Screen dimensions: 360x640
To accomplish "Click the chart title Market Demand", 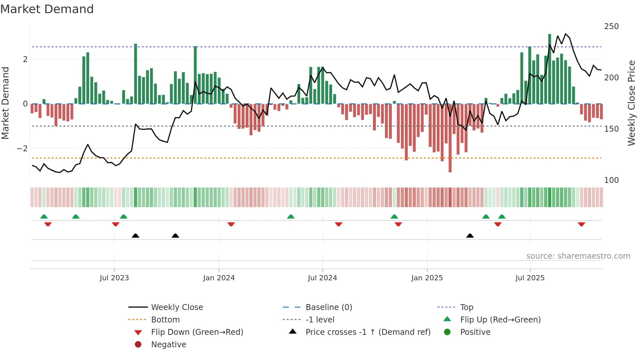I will pyautogui.click(x=47, y=9).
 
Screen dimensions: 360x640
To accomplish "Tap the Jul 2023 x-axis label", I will pyautogui.click(x=114, y=278).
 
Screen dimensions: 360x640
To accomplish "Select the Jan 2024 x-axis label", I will pyautogui.click(x=219, y=278).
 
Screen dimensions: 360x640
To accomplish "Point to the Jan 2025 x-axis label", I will pyautogui.click(x=427, y=278).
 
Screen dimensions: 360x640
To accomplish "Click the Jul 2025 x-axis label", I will pyautogui.click(x=530, y=278).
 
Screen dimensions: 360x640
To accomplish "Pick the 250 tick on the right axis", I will pyautogui.click(x=611, y=26).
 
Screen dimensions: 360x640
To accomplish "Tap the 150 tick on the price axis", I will pyautogui.click(x=611, y=129).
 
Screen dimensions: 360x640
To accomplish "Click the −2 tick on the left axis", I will pyautogui.click(x=22, y=149).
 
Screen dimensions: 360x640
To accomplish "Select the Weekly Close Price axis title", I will pyautogui.click(x=632, y=103).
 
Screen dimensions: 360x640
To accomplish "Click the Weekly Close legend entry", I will pyautogui.click(x=177, y=307).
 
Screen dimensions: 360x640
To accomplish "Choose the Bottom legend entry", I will pyautogui.click(x=165, y=320).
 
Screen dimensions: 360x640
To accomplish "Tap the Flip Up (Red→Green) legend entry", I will pyautogui.click(x=500, y=320).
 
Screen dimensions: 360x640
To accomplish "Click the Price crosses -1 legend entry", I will pyautogui.click(x=368, y=332).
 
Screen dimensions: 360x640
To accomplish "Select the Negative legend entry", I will pyautogui.click(x=168, y=345).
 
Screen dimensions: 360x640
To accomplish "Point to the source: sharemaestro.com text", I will pyautogui.click(x=578, y=256).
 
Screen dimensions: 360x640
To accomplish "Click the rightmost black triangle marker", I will pyautogui.click(x=470, y=236).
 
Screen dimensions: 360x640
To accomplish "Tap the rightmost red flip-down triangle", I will pyautogui.click(x=581, y=224).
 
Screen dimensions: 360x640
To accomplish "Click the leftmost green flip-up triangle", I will pyautogui.click(x=44, y=217).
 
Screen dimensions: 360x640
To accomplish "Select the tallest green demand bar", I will pyautogui.click(x=550, y=69).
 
